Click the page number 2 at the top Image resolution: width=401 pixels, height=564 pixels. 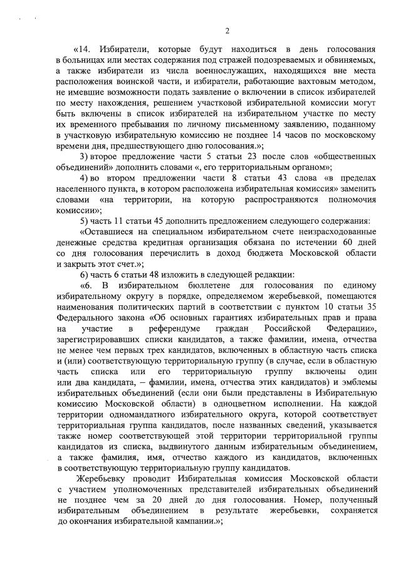coord(228,31)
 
